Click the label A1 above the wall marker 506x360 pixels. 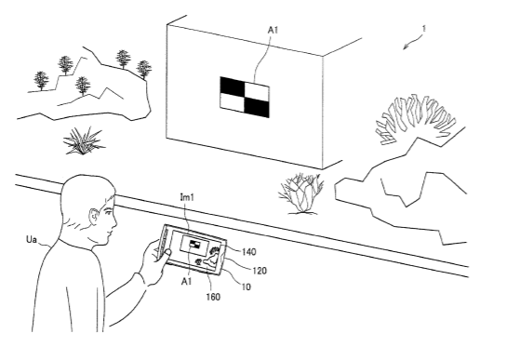(x=273, y=30)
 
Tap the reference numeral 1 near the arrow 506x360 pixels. (x=424, y=29)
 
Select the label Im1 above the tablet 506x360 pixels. (x=187, y=197)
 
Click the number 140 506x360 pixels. (x=248, y=252)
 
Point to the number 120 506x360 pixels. (x=260, y=271)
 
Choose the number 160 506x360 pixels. (x=213, y=297)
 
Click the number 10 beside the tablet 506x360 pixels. (x=246, y=287)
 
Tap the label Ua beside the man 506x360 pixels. (x=32, y=240)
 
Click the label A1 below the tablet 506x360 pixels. (x=187, y=282)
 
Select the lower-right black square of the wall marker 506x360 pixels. (x=257, y=107)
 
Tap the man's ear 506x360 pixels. (x=93, y=216)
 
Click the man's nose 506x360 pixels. (x=114, y=221)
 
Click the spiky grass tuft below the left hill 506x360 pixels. (x=84, y=141)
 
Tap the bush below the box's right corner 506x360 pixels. (x=301, y=193)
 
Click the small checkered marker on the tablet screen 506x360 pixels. (x=194, y=244)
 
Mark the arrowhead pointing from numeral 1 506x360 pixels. (x=405, y=47)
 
